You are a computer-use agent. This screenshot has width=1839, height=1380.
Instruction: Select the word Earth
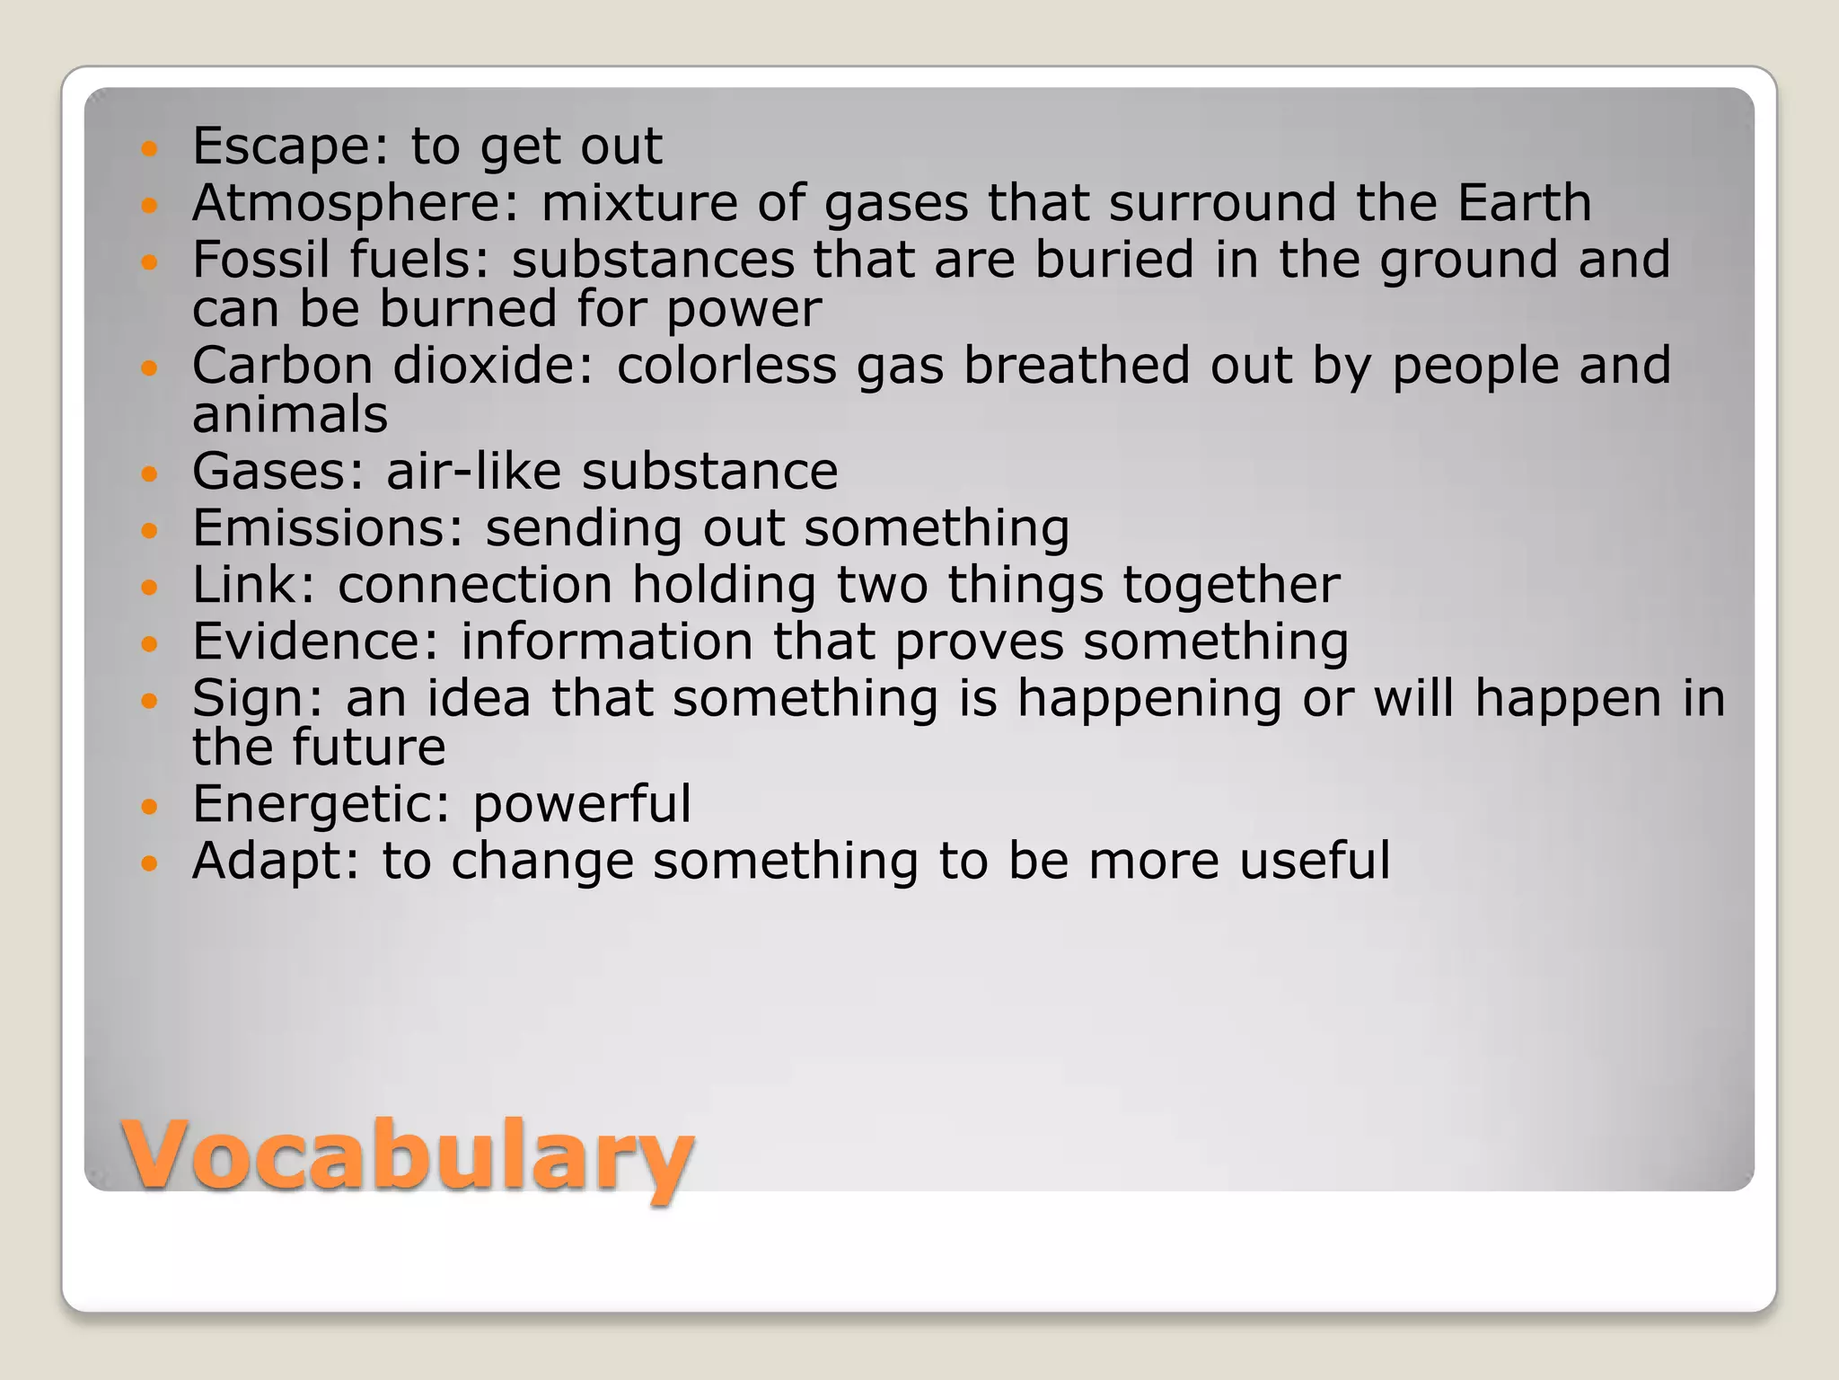(x=1524, y=202)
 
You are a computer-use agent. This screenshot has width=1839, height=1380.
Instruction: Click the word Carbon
(x=282, y=366)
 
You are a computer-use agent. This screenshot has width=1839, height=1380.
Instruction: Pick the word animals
(x=290, y=414)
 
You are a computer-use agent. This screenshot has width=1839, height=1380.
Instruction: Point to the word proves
(x=979, y=643)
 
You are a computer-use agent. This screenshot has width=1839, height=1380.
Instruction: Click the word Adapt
(x=275, y=861)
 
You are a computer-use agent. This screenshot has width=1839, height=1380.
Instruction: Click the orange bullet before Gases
(x=149, y=473)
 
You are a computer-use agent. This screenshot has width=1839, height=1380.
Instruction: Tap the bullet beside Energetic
(x=149, y=806)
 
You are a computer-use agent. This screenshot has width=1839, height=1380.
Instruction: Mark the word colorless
(x=726, y=366)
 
